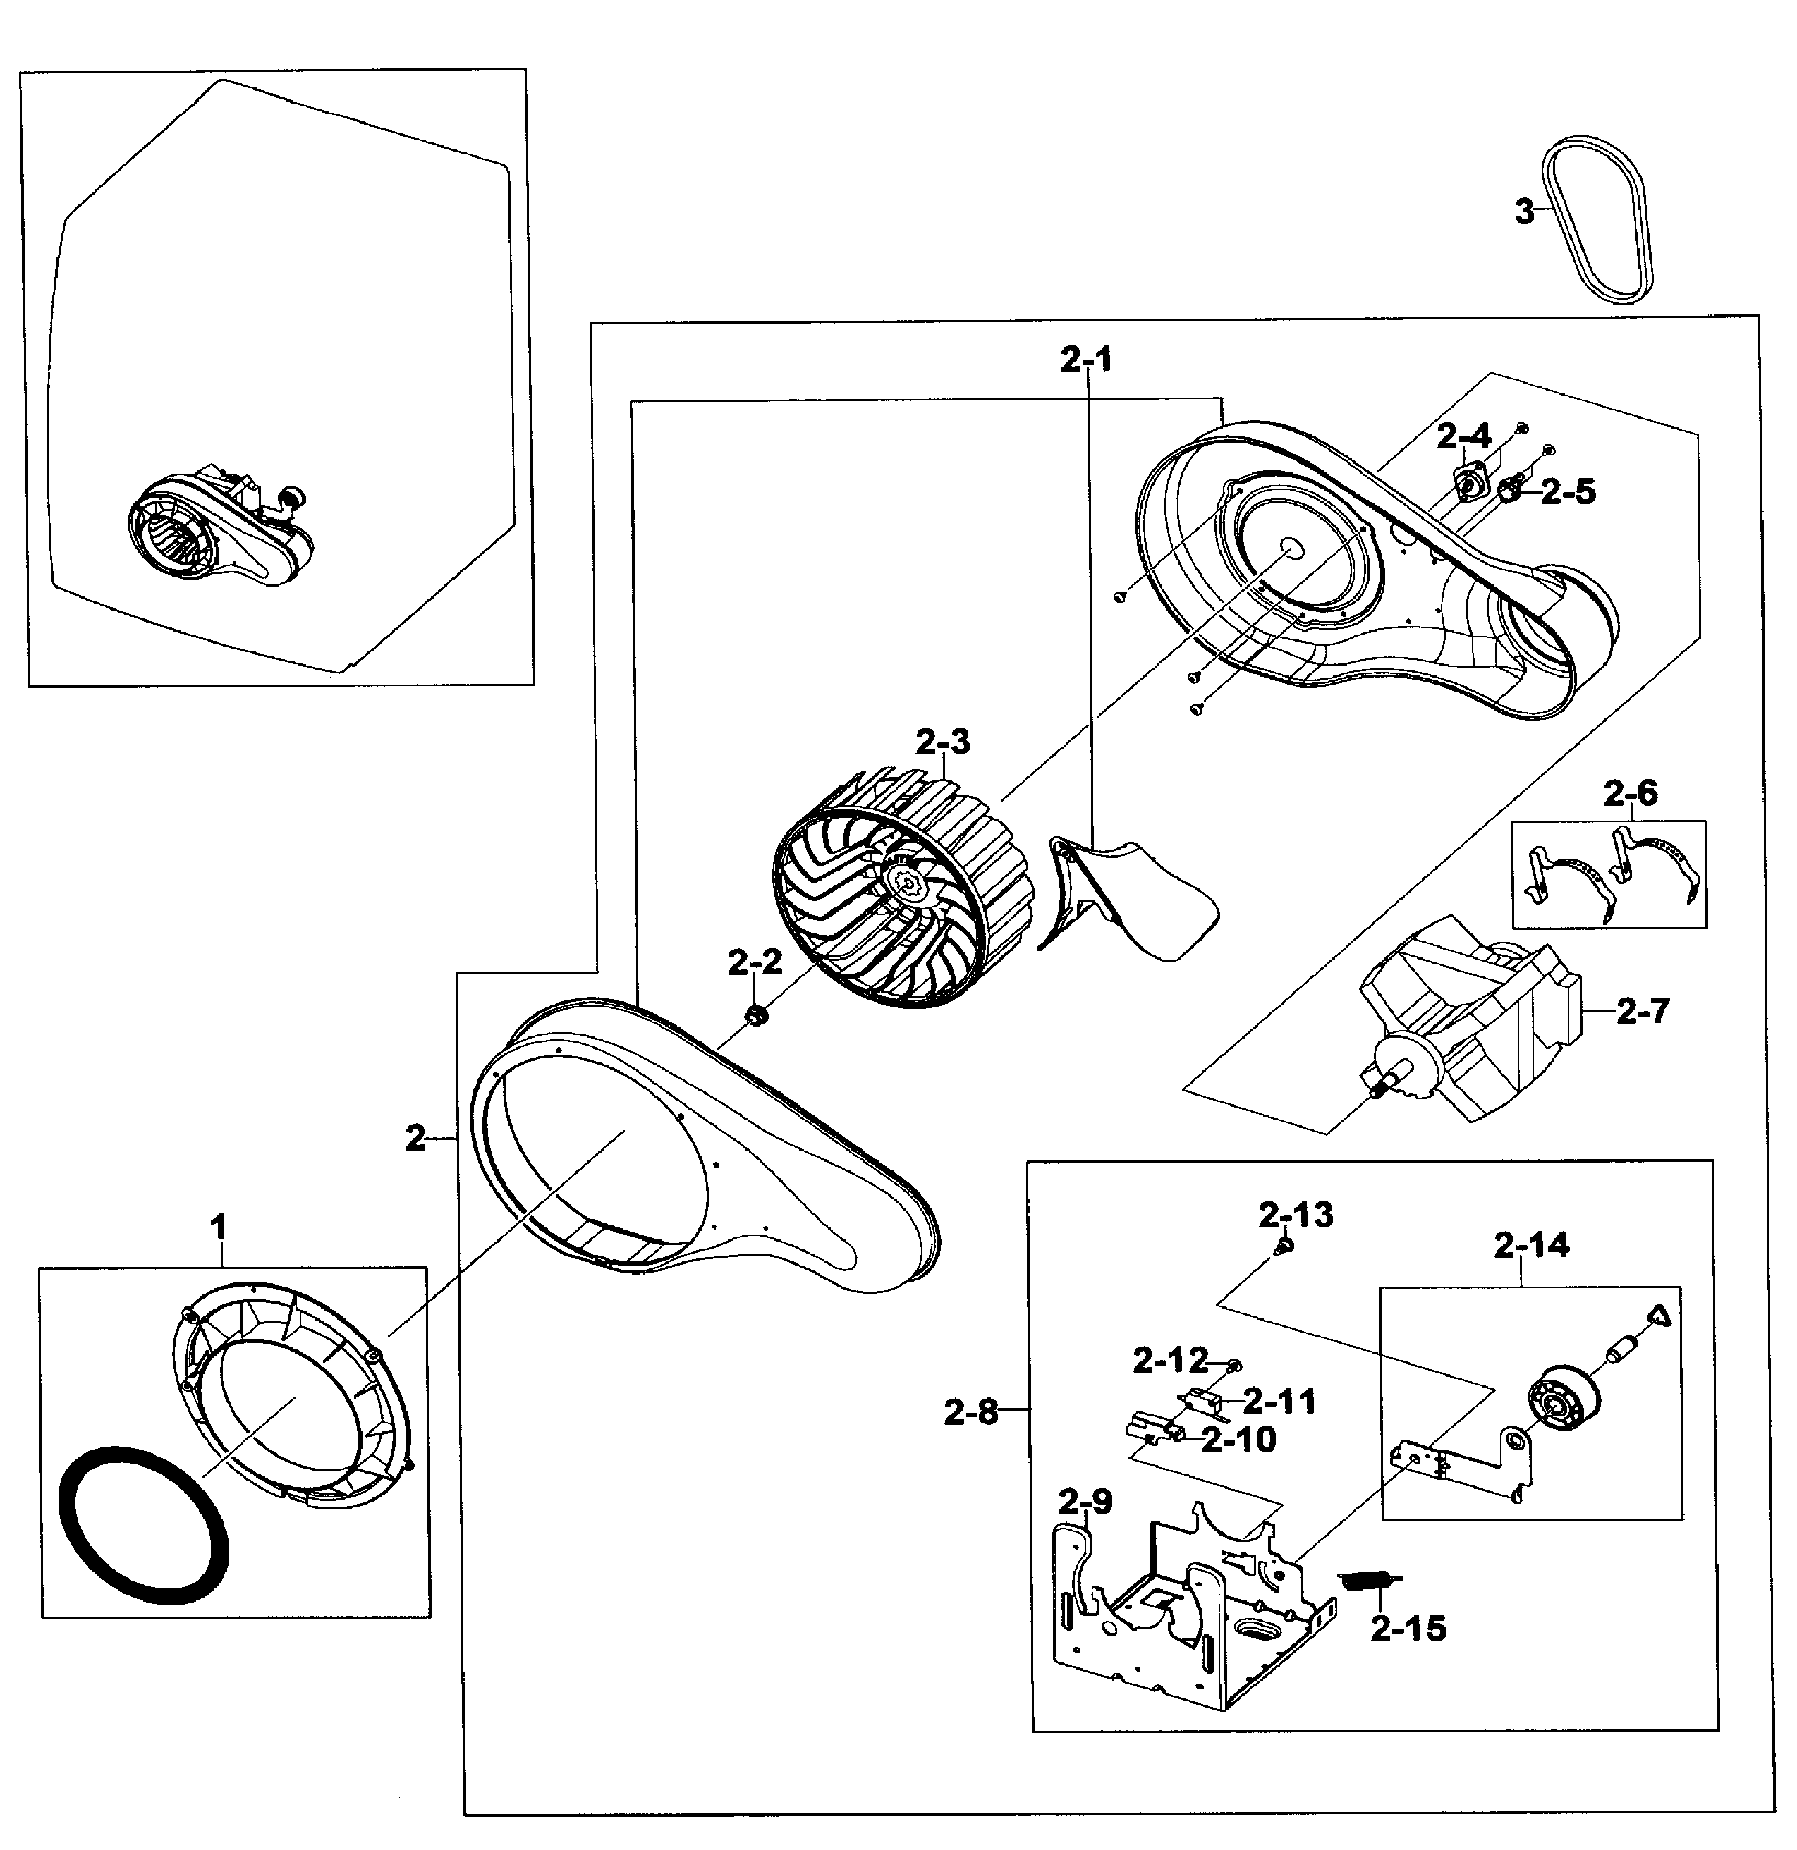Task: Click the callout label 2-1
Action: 1086,360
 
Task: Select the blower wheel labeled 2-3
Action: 902,891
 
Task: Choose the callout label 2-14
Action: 1532,1246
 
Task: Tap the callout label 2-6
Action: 1631,794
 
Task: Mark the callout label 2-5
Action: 1568,492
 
